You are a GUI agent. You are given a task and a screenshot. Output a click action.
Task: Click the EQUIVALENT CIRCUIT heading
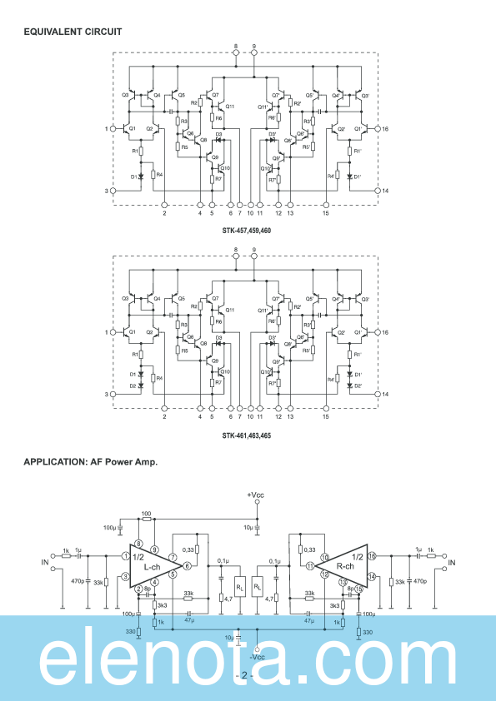pos(73,32)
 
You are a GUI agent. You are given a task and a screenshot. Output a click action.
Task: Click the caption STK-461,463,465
pos(246,435)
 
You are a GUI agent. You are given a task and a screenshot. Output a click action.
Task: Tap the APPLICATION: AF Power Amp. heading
pos(90,461)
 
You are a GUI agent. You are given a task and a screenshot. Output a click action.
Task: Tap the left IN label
pos(46,563)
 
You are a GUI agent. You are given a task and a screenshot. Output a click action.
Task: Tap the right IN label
pos(452,563)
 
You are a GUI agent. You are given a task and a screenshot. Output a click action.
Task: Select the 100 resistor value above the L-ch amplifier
pos(147,514)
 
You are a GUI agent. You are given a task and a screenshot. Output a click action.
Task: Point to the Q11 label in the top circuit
pos(230,107)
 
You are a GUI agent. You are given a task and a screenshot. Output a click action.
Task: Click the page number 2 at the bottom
pos(244,675)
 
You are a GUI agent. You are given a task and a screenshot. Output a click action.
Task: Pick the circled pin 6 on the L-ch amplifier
pos(188,566)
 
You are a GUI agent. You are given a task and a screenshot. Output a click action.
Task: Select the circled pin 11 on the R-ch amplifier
pos(309,566)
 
